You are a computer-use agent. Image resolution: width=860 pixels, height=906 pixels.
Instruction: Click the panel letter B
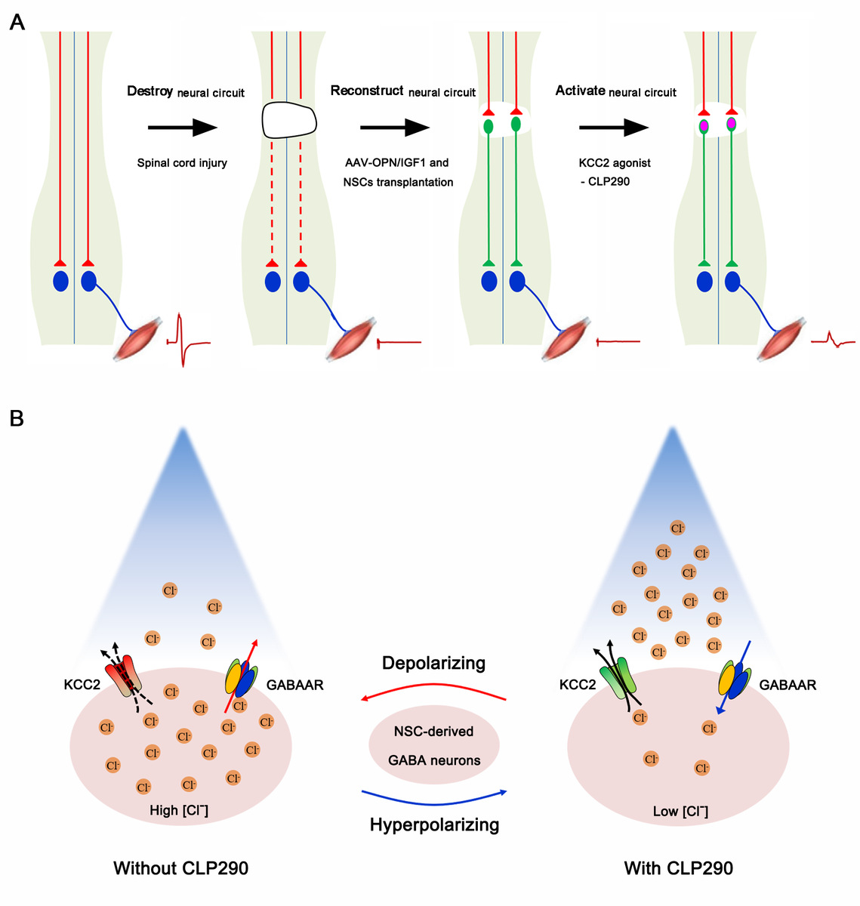tap(17, 418)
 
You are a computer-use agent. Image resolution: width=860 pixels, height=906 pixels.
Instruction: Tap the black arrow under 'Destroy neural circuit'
tap(182, 128)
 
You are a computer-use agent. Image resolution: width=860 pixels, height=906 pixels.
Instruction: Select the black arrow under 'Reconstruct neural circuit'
tap(394, 128)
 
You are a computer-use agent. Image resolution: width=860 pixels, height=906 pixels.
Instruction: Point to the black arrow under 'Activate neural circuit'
tap(614, 128)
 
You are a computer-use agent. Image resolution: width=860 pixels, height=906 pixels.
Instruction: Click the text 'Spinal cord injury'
tap(182, 163)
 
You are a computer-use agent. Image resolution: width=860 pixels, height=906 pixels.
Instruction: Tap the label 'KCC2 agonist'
tap(615, 163)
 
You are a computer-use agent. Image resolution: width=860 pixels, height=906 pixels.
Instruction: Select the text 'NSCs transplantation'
tap(398, 182)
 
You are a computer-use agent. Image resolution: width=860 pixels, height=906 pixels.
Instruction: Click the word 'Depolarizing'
tap(433, 664)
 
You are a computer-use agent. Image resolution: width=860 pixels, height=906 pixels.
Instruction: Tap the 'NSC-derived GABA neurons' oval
tap(433, 746)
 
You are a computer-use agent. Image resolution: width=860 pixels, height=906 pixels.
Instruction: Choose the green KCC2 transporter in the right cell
tap(618, 679)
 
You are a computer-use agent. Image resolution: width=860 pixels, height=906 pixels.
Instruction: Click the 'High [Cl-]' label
tap(179, 811)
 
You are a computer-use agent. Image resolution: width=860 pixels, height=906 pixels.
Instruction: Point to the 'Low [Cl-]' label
tap(680, 812)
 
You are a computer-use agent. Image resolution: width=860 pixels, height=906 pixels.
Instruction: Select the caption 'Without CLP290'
tap(180, 868)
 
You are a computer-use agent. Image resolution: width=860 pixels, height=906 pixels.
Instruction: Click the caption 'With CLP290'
tap(678, 868)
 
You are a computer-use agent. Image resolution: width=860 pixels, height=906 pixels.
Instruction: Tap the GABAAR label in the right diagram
tap(788, 686)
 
